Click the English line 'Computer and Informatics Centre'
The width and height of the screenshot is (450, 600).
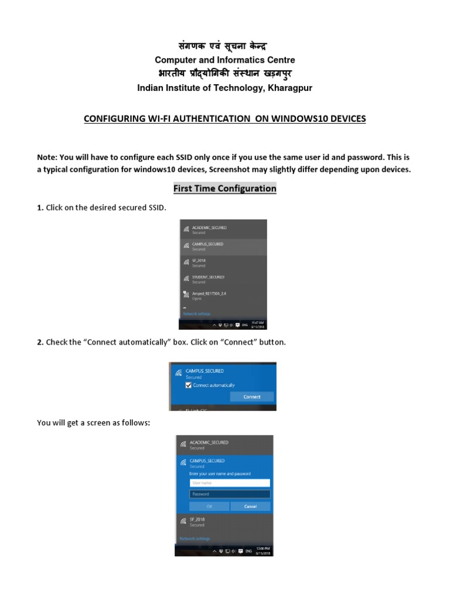pyautogui.click(x=224, y=60)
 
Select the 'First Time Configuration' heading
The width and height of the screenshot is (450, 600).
pyautogui.click(x=224, y=189)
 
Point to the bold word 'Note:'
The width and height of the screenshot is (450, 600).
pyautogui.click(x=47, y=158)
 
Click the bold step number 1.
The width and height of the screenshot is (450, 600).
pyautogui.click(x=39, y=208)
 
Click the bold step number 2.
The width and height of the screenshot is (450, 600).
pyautogui.click(x=39, y=342)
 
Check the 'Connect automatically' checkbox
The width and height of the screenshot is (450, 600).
pyautogui.click(x=189, y=386)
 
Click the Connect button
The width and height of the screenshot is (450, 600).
pyautogui.click(x=251, y=397)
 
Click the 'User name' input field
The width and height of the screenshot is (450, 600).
pyautogui.click(x=229, y=483)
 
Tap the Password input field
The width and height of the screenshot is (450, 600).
pyautogui.click(x=229, y=494)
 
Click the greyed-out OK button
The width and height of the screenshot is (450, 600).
pyautogui.click(x=209, y=506)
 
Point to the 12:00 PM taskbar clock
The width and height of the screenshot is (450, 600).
pyautogui.click(x=263, y=551)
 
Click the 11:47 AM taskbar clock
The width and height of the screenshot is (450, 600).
pyautogui.click(x=257, y=324)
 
